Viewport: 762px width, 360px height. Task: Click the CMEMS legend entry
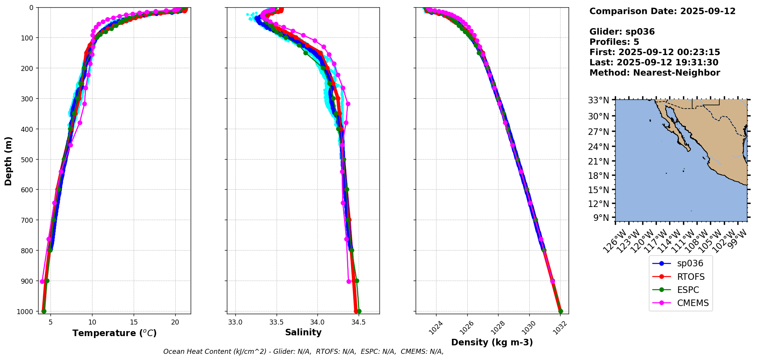(693, 303)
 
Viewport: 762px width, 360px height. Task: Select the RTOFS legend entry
(691, 277)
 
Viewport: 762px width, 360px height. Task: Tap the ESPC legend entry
(688, 290)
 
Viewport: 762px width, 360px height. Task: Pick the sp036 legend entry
(690, 264)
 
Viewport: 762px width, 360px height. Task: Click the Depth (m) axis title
(8, 161)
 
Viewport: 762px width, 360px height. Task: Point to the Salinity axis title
(303, 332)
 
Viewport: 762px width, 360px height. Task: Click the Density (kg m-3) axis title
(492, 342)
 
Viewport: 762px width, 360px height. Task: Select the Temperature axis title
(114, 333)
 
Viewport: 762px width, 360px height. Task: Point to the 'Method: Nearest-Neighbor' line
(655, 73)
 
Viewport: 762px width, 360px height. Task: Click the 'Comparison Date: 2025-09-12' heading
(662, 11)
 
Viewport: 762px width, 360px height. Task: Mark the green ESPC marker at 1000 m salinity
(359, 311)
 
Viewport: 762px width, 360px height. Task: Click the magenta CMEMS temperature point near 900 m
(42, 281)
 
